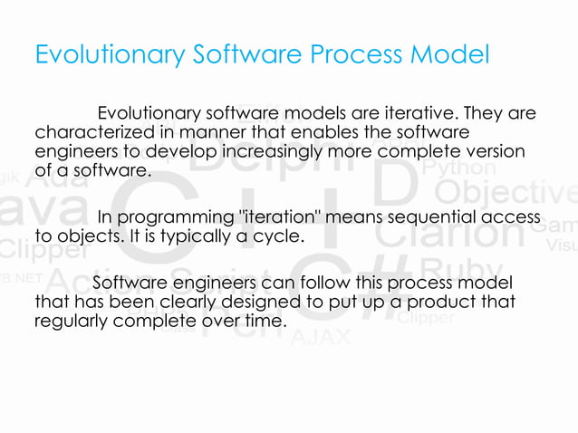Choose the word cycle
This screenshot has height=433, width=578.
point(277,237)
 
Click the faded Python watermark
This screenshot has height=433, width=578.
point(459,169)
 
